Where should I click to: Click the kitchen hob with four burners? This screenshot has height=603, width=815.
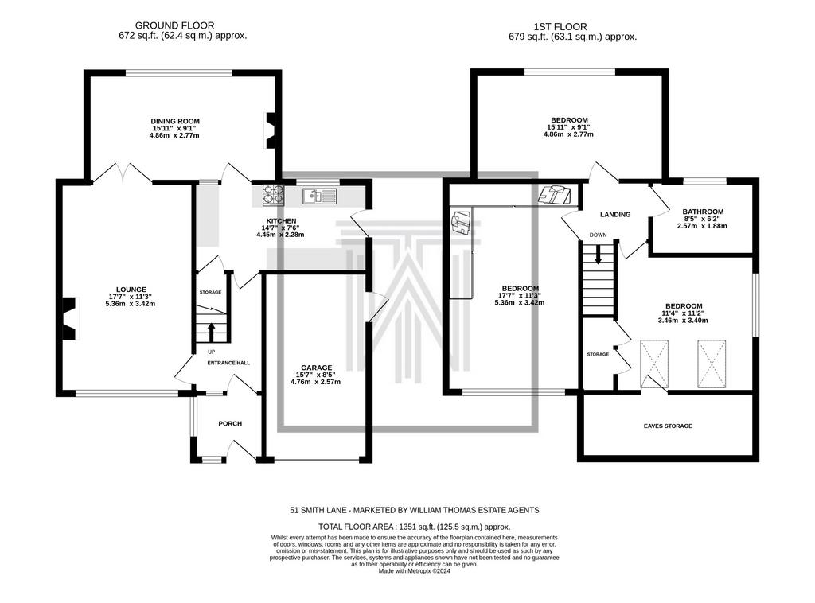coord(274,194)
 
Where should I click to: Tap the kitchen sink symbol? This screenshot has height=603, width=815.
coord(319,196)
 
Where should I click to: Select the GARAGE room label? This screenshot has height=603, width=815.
coord(316,368)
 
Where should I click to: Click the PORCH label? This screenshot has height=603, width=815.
coord(230,423)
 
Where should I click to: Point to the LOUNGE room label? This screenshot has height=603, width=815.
coord(131,290)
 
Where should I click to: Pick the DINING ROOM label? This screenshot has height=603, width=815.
coord(175,122)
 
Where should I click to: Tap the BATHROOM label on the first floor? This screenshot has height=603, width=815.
coord(703,212)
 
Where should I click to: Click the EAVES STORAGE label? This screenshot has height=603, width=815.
coord(668,426)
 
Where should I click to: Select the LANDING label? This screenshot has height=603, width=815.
coord(615,215)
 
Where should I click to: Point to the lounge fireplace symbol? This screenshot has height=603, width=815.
coord(70,318)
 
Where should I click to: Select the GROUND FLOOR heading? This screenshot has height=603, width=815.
coord(174,25)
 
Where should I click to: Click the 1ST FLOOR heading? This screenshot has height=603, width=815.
coord(560,26)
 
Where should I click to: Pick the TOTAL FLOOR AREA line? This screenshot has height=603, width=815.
coord(414,527)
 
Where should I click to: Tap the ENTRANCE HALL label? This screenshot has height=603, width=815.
coord(228,363)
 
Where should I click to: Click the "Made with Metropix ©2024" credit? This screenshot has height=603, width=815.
coord(414,571)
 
